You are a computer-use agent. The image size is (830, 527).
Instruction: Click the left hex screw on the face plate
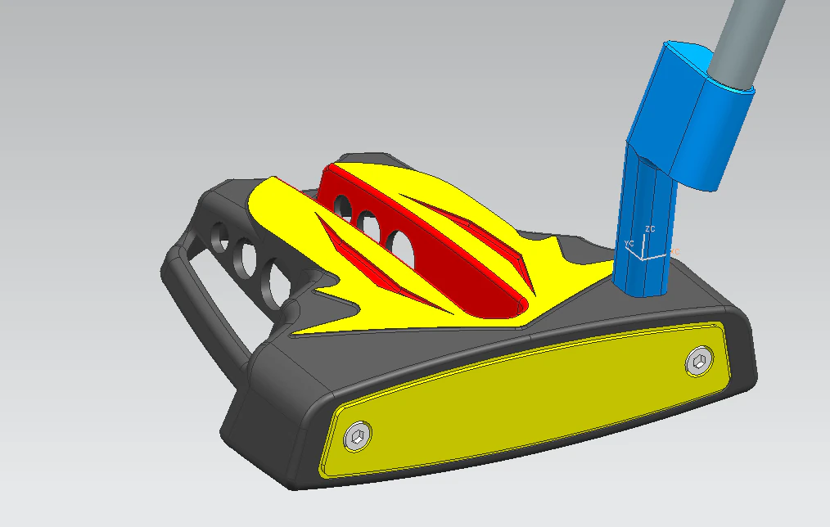point(358,438)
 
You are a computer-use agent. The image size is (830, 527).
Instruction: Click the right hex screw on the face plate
point(698,361)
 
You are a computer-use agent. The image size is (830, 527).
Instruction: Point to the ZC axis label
point(650,229)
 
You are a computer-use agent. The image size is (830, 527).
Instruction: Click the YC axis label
point(629,244)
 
